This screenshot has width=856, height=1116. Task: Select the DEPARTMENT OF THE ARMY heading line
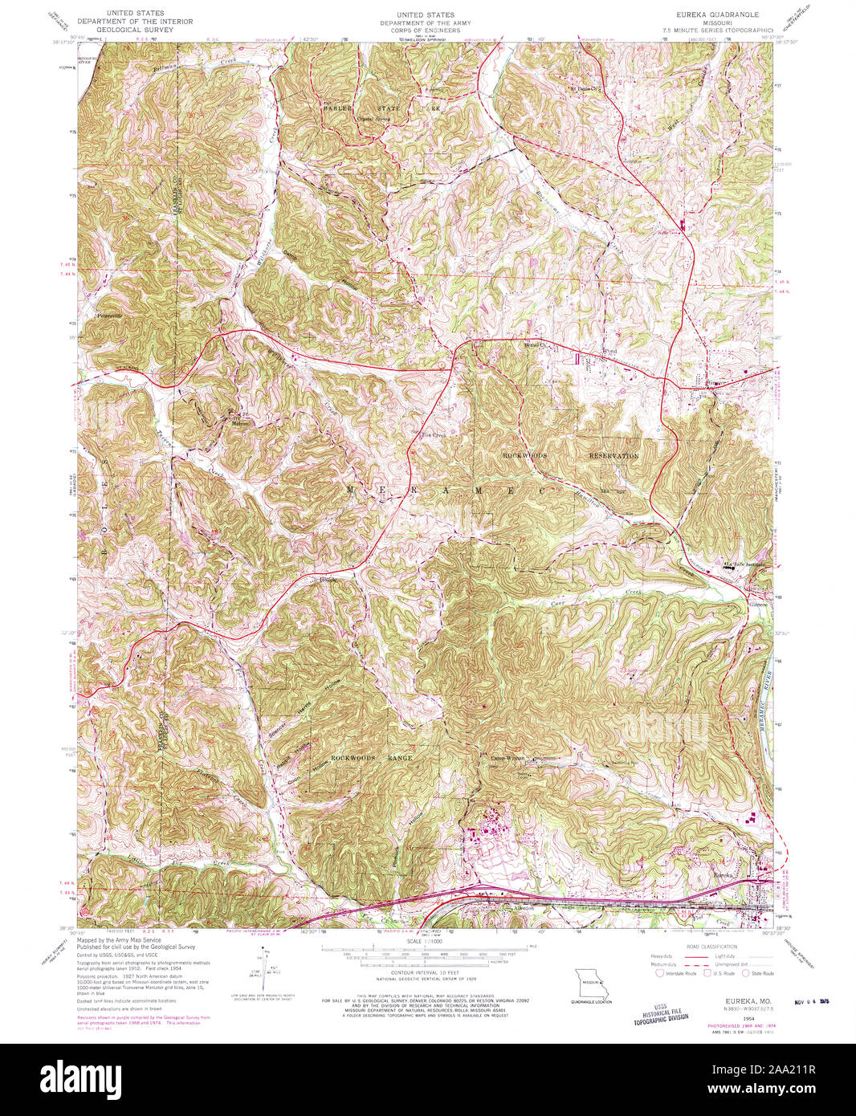425,23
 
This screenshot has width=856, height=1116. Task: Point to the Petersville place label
107,316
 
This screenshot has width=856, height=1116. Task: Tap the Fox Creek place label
434,435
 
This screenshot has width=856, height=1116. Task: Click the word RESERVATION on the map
613,455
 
